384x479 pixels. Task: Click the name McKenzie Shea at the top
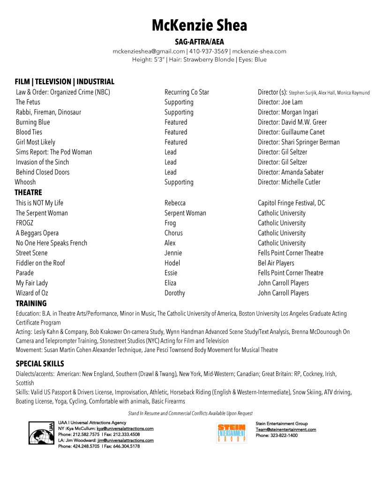(199, 25)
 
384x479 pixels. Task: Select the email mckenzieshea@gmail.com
(149, 52)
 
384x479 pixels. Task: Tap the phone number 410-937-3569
(208, 52)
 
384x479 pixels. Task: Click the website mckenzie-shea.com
(259, 52)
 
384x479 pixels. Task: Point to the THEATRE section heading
(28, 192)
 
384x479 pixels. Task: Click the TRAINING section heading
(31, 303)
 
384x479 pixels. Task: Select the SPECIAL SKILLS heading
(40, 364)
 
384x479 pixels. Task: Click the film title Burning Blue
(33, 122)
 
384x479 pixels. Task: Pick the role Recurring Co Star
(187, 92)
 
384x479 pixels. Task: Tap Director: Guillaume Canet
(291, 132)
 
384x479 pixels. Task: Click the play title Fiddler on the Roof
(40, 263)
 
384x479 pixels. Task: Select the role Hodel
(172, 263)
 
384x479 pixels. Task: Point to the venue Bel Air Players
(276, 263)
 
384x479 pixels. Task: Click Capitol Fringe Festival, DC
(291, 203)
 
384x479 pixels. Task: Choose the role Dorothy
(174, 293)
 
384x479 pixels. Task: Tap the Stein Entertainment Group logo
(232, 433)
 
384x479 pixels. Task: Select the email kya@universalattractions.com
(125, 428)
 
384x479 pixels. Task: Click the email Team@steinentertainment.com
(286, 429)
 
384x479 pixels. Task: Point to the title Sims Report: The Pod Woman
(54, 152)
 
